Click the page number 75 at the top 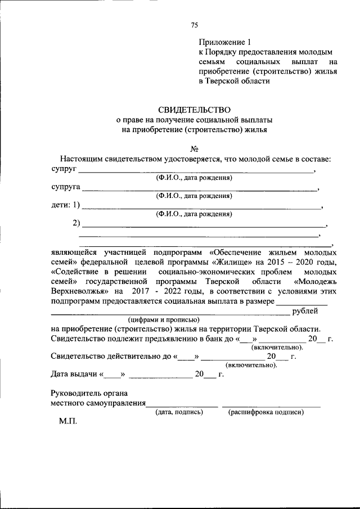pyautogui.click(x=195, y=25)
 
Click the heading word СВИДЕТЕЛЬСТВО pyautogui.click(x=194, y=110)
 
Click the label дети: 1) pyautogui.click(x=65, y=205)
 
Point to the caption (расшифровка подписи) pyautogui.click(x=266, y=412)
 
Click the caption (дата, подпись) pyautogui.click(x=179, y=412)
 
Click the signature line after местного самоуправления pyautogui.click(x=182, y=404)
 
